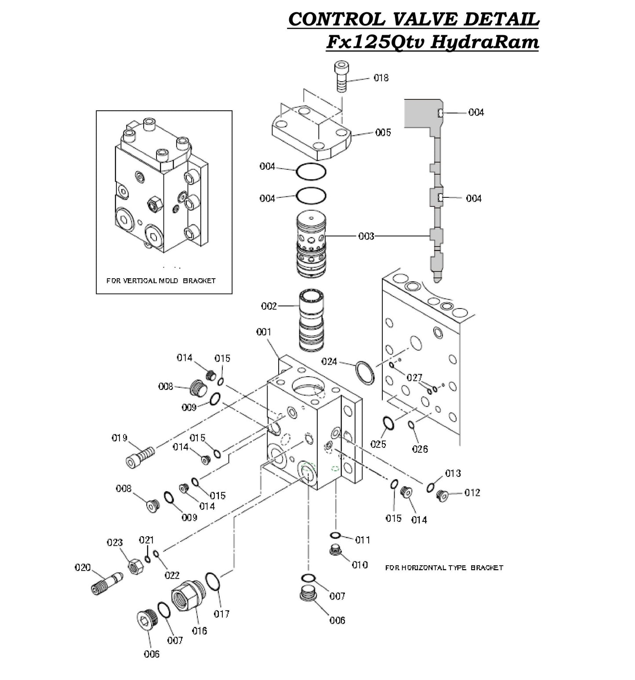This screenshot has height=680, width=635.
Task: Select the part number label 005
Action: pos(383,132)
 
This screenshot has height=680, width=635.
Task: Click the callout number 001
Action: pos(264,332)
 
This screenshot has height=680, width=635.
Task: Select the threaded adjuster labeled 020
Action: pos(106,582)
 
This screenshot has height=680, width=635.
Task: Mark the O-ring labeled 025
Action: pos(388,423)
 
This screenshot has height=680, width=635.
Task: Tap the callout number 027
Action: pos(414,377)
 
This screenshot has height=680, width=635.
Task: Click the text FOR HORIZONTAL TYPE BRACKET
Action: pos(444,567)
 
